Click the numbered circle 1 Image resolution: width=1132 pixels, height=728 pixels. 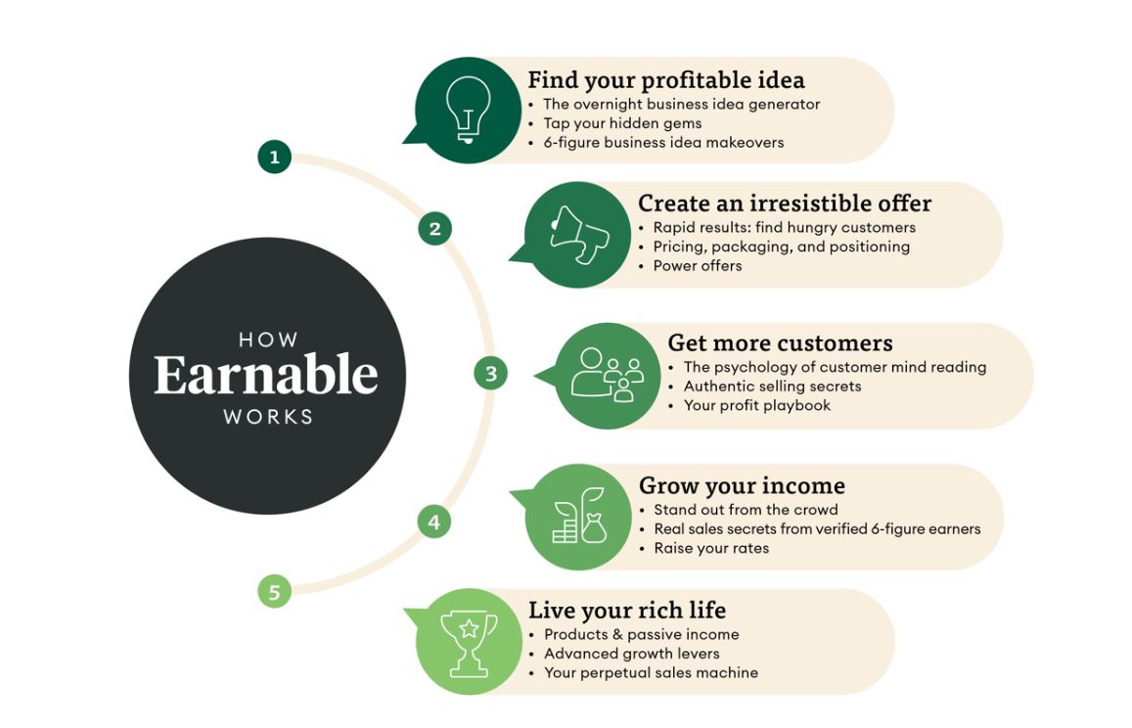coord(274,157)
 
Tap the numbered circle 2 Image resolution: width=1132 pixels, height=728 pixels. coord(434,229)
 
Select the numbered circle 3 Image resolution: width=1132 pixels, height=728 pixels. coord(491,374)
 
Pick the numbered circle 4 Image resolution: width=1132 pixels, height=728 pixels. coord(433,522)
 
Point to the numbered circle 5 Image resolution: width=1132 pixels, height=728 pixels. coord(274,591)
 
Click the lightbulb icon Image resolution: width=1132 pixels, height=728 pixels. coord(468,110)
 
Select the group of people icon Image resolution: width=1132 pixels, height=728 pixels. coord(608,374)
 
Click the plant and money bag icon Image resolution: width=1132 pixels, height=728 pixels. coord(579,515)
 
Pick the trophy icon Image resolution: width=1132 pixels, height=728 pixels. coord(470,644)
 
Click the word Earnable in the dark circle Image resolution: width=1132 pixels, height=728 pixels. coord(266,375)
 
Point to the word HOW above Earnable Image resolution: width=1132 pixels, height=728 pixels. coord(268,340)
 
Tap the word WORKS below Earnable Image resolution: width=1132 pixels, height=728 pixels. coord(268,417)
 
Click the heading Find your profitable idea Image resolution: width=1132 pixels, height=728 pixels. coord(666,79)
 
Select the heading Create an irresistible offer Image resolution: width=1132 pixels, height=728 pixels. coord(785,203)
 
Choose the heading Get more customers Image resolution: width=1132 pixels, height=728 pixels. coord(781,342)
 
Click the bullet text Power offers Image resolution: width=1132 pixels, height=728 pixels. coord(698,266)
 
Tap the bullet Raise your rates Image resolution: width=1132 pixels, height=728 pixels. coord(711,548)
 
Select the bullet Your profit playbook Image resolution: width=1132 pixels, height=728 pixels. coord(757,405)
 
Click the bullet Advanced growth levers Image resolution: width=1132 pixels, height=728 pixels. coord(632,654)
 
